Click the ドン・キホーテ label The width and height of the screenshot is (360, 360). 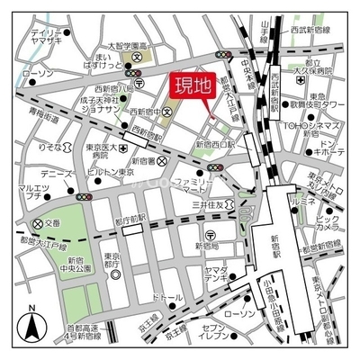point(331,148)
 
